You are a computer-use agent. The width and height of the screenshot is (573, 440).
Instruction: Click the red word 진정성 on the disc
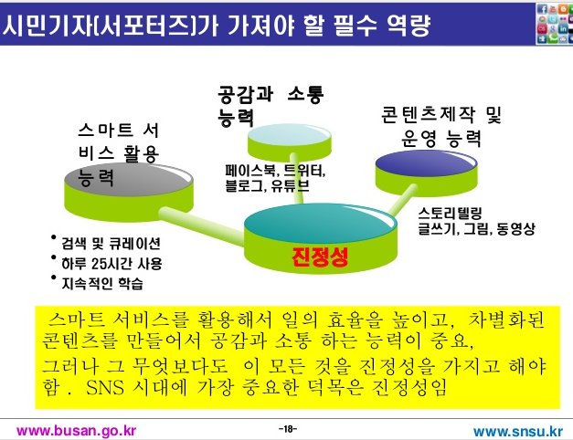(x=320, y=257)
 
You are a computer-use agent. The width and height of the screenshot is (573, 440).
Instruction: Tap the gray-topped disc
(x=129, y=192)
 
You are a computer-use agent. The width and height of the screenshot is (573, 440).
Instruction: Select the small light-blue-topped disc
(x=290, y=141)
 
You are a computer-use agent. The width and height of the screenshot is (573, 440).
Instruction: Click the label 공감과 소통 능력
(x=271, y=105)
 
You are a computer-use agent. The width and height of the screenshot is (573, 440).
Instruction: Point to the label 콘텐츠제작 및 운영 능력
(x=441, y=126)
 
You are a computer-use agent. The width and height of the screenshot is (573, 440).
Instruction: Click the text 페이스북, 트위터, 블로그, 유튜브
(x=275, y=178)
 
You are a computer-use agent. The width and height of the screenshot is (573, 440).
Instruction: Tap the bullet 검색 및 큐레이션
(x=111, y=244)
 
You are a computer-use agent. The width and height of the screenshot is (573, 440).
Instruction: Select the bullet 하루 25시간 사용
(x=111, y=263)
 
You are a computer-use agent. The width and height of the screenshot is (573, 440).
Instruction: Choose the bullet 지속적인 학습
(x=102, y=283)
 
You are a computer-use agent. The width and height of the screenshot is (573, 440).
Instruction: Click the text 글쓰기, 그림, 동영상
(x=476, y=229)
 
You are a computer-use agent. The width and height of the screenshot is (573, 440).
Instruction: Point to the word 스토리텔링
(x=451, y=213)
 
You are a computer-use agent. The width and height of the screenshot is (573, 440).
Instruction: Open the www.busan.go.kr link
(x=77, y=431)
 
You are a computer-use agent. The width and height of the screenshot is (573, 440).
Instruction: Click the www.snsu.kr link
(x=518, y=431)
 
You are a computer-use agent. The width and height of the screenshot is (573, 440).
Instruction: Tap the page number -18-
(x=288, y=429)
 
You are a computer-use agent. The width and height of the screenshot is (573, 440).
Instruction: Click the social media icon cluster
(x=554, y=24)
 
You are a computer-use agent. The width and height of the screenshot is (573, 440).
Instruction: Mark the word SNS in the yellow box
(x=105, y=388)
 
